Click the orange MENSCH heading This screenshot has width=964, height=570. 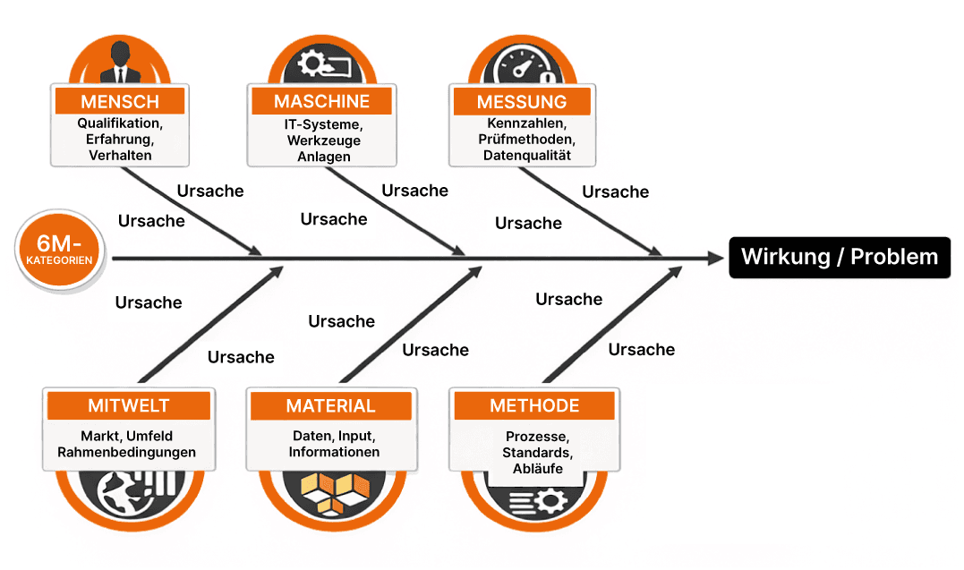(x=120, y=100)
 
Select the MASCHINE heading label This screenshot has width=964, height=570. (x=321, y=100)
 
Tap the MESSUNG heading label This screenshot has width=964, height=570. (x=522, y=101)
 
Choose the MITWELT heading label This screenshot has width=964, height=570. (x=128, y=406)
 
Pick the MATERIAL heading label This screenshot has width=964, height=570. (x=330, y=406)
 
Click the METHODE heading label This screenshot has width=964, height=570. (x=534, y=406)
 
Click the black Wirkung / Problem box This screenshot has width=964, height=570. (x=839, y=258)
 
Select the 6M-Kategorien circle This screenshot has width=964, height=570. (x=60, y=251)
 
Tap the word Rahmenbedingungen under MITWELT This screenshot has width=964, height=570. (x=126, y=453)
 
